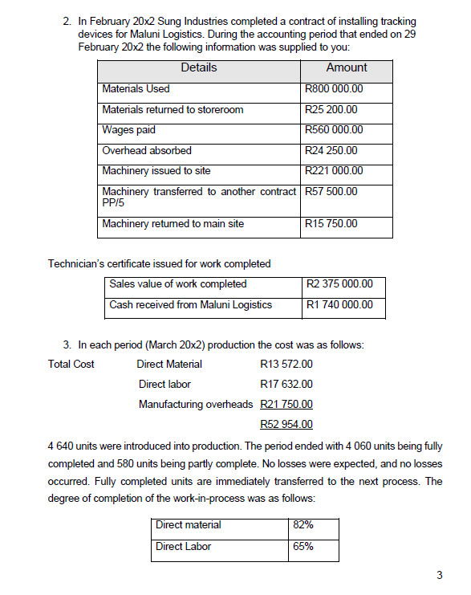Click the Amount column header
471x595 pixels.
[347, 68]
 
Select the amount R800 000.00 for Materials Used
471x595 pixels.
[335, 89]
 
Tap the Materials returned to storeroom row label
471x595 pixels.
[173, 109]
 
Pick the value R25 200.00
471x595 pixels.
[331, 109]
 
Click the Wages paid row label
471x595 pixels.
[129, 130]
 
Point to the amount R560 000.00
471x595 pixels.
[335, 130]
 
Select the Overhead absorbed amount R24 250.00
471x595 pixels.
[331, 150]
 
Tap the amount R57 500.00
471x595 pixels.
[331, 191]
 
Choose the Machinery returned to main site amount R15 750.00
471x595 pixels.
[331, 224]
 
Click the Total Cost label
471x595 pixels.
[71, 365]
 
